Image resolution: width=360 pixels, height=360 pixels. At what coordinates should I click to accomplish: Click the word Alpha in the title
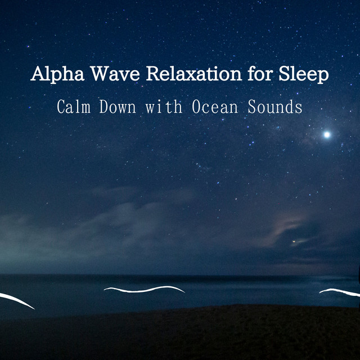click(x=57, y=74)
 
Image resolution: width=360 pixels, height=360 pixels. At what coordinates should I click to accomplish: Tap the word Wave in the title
click(x=115, y=74)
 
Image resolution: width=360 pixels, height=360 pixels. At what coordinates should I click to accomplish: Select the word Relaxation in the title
click(x=193, y=74)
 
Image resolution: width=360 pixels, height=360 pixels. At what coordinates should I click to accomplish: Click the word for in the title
click(x=260, y=73)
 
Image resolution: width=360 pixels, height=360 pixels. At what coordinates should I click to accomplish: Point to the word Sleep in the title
click(x=304, y=74)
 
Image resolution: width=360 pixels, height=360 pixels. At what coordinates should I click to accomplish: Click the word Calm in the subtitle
click(x=74, y=106)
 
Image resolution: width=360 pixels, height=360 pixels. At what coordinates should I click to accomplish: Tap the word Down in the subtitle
click(x=118, y=106)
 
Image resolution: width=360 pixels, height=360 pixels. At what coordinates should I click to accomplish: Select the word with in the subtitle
click(x=164, y=106)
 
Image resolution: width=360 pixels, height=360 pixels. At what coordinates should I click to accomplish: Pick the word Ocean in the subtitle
click(x=215, y=106)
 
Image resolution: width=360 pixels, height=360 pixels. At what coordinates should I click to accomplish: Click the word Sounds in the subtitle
click(x=275, y=106)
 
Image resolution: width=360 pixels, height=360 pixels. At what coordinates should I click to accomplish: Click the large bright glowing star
click(x=327, y=134)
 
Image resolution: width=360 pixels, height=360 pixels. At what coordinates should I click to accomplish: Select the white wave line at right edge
click(x=340, y=291)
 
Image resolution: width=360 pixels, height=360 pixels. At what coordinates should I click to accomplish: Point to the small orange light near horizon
click(x=294, y=241)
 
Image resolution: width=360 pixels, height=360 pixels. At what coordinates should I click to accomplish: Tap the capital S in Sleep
click(x=285, y=74)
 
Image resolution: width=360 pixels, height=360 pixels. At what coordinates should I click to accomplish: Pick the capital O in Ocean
click(x=196, y=106)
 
